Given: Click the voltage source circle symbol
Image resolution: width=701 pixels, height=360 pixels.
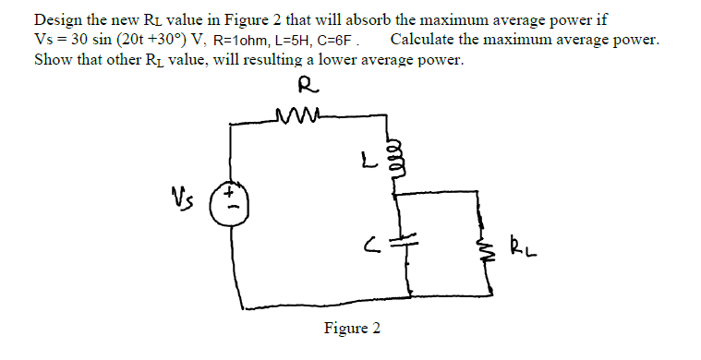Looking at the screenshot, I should (x=226, y=202).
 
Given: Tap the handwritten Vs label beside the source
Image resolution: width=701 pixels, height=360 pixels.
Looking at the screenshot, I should (x=180, y=197).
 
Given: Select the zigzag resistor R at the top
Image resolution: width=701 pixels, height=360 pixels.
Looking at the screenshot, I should (x=296, y=117).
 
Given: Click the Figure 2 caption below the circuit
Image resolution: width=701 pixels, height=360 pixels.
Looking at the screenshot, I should (x=351, y=329).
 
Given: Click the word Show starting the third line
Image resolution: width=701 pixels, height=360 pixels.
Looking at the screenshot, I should (x=52, y=60).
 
